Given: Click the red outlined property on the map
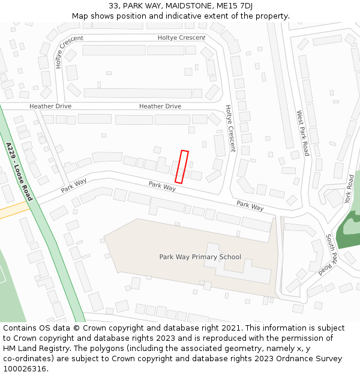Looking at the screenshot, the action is coord(181,167).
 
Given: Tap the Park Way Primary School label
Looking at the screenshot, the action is coord(200,257).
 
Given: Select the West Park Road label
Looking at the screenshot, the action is coord(302,133).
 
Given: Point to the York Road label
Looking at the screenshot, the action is coord(349,189).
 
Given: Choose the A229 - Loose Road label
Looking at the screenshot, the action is coord(19,171).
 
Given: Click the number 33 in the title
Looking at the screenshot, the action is coord(114,6).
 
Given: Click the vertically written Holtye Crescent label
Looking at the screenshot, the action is coord(230,128).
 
